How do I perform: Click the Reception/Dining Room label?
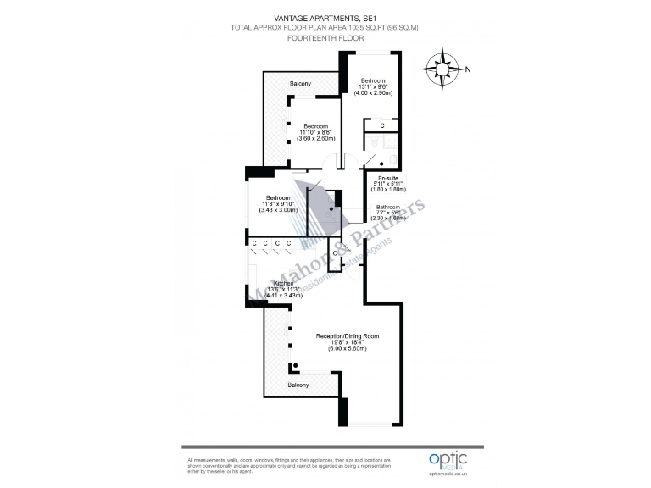click(x=347, y=336)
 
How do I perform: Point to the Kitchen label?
click(x=272, y=283)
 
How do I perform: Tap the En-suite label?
click(x=388, y=178)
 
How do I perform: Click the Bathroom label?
click(x=388, y=207)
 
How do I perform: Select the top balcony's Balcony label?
click(x=300, y=84)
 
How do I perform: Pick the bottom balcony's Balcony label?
click(x=298, y=385)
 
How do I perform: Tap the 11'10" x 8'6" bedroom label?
click(x=316, y=131)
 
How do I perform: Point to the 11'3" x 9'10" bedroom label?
click(x=279, y=204)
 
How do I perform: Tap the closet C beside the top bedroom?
click(x=382, y=126)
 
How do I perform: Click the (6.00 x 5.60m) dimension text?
click(x=347, y=348)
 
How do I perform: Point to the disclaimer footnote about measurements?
click(x=266, y=465)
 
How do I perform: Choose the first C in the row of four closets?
click(x=253, y=244)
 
